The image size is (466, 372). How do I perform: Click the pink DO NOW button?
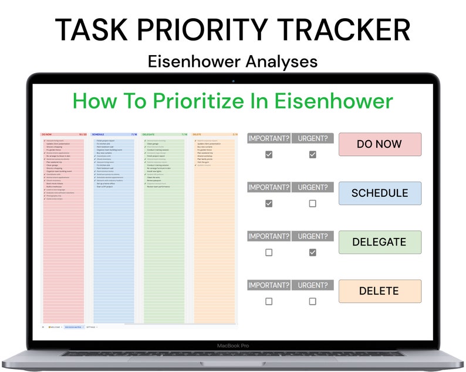click(380, 144)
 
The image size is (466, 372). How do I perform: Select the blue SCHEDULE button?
click(380, 193)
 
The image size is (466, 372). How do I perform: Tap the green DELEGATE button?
click(380, 242)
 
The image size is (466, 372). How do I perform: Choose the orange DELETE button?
click(380, 291)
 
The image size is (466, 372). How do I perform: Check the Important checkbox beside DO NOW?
click(269, 155)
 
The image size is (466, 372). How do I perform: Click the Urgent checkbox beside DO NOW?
click(312, 155)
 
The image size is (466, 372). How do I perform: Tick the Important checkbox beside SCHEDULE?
click(269, 204)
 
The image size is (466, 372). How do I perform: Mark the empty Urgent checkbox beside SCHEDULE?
click(312, 204)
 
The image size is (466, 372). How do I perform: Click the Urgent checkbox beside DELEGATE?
click(312, 252)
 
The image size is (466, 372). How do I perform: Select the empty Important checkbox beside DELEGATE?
click(269, 252)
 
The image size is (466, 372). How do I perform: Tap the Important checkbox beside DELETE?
click(269, 302)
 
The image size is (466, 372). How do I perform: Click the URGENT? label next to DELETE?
click(312, 285)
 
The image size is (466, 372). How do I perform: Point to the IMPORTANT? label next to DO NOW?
click(269, 139)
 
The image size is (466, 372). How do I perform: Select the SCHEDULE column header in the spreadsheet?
click(98, 134)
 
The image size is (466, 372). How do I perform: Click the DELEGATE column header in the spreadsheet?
click(149, 134)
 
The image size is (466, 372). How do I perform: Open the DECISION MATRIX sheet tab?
click(73, 327)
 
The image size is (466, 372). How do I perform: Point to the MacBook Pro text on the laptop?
click(233, 346)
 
